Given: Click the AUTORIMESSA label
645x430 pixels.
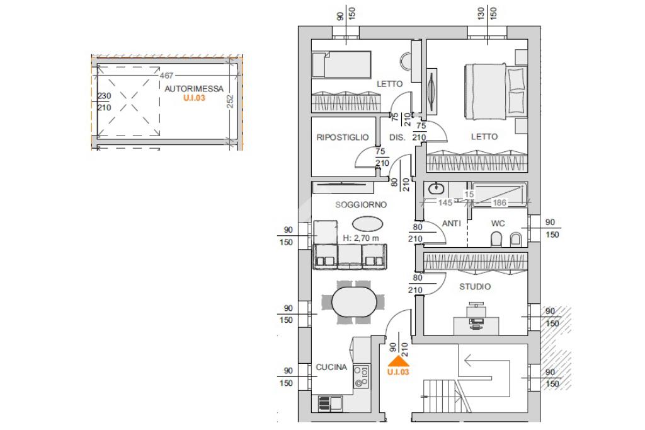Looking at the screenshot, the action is click(194, 88).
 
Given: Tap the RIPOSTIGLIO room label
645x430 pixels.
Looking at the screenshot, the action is click(342, 137).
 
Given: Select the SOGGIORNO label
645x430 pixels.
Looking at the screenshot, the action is click(361, 205).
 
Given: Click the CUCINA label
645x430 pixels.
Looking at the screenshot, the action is click(331, 367).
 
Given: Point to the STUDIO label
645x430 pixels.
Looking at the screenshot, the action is click(475, 287).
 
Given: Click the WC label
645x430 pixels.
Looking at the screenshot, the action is click(498, 224).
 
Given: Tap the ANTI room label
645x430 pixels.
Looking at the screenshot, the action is click(451, 223).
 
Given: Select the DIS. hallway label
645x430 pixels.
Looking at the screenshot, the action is click(397, 137).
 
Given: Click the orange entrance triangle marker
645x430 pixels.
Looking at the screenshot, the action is click(399, 362).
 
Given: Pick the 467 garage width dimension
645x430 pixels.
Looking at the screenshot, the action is click(166, 76).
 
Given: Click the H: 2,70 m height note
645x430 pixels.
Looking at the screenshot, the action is click(361, 238).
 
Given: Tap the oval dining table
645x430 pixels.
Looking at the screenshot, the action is click(354, 302).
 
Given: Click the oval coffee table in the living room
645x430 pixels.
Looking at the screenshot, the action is click(367, 224).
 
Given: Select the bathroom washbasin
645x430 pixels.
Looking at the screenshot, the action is click(436, 189).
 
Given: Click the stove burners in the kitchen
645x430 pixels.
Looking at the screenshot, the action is click(362, 377).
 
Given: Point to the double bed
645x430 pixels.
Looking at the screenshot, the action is click(496, 91).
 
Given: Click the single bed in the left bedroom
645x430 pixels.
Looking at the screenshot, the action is click(341, 64).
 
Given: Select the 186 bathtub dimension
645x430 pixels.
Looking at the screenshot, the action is click(499, 202).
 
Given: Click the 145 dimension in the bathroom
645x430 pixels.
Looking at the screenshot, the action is click(445, 202).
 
